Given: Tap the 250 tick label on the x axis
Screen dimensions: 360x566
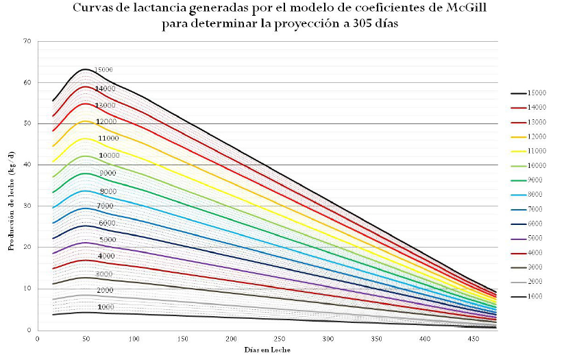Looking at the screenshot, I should pos(280,339).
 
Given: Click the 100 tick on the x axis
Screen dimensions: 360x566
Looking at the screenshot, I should pos(134,339).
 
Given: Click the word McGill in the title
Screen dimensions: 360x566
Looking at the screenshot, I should pos(449,10).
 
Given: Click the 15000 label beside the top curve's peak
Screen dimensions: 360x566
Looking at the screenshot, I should pos(104,70).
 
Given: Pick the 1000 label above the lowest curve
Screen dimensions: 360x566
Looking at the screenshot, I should pos(106,307).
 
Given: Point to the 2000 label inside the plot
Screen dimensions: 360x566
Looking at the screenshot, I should pos(105,291).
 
